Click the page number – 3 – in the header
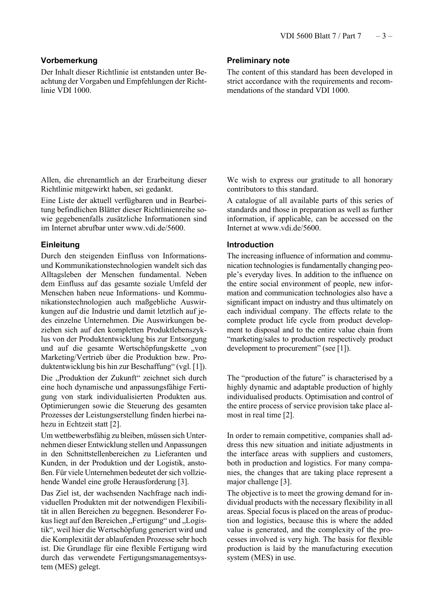point(384,36)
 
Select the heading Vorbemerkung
point(69,60)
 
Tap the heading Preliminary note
point(258,60)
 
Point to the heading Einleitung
point(60,245)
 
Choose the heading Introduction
point(250,245)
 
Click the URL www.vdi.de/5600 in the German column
point(155,228)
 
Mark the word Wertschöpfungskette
point(153,348)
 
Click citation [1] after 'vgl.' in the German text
point(199,367)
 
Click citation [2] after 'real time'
point(288,415)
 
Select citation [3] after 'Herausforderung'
point(183,481)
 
